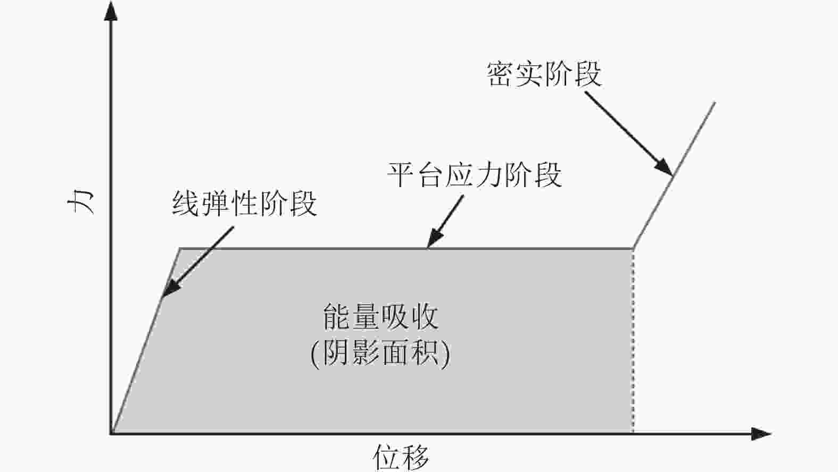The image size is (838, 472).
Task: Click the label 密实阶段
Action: point(544,74)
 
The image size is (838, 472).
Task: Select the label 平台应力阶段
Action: point(474,174)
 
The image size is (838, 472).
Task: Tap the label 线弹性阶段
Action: point(244,204)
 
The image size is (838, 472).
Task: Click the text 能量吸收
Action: point(380,317)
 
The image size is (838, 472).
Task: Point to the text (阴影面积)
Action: point(380,352)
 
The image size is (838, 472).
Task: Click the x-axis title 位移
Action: point(400,457)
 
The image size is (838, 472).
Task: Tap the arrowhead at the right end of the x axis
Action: point(762,434)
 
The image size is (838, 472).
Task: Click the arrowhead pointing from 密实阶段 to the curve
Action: point(665,167)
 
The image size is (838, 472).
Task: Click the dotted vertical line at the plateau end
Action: point(633,340)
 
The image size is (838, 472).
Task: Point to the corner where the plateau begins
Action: point(180,249)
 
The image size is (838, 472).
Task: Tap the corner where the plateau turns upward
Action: point(633,249)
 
